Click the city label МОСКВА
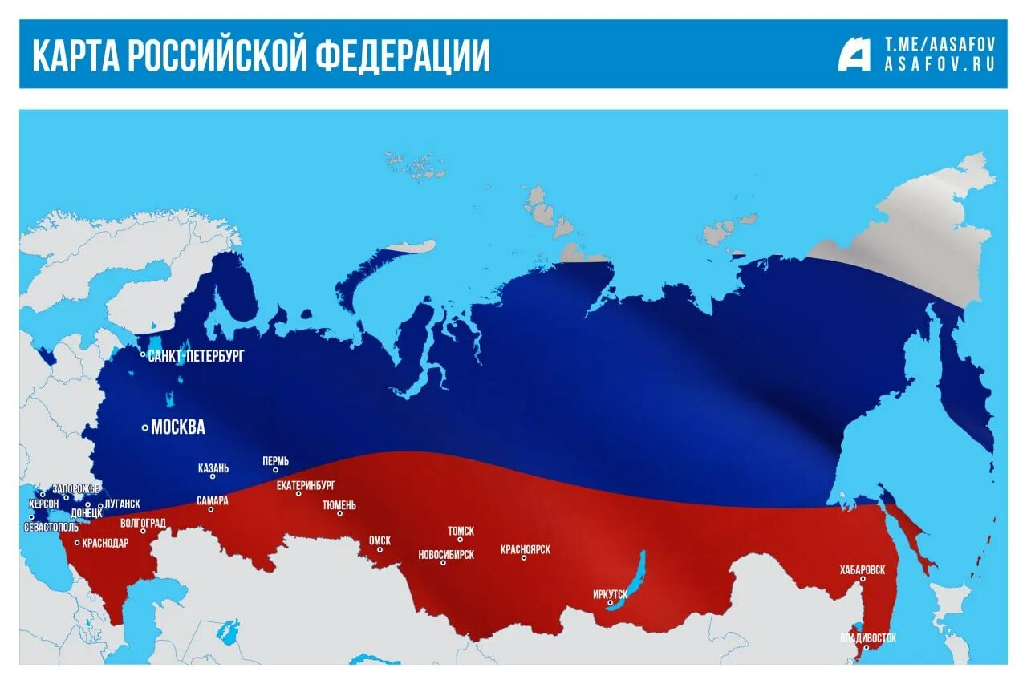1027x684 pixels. (178, 427)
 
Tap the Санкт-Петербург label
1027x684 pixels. (196, 355)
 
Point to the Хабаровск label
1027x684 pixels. (863, 569)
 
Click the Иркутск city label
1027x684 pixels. (610, 594)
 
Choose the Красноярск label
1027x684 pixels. (525, 549)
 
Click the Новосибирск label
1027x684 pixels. (446, 554)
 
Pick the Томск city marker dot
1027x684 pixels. (461, 540)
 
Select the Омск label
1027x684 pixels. (380, 540)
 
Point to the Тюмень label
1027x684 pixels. (339, 505)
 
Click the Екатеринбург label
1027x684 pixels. (306, 485)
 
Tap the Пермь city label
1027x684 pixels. (275, 461)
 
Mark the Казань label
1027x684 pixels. (213, 467)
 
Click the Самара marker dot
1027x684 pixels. (211, 509)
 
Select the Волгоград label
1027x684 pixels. (143, 523)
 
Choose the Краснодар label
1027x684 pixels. (105, 543)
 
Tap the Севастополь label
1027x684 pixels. (51, 528)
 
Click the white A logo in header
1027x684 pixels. (854, 54)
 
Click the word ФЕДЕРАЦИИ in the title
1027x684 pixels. (402, 55)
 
